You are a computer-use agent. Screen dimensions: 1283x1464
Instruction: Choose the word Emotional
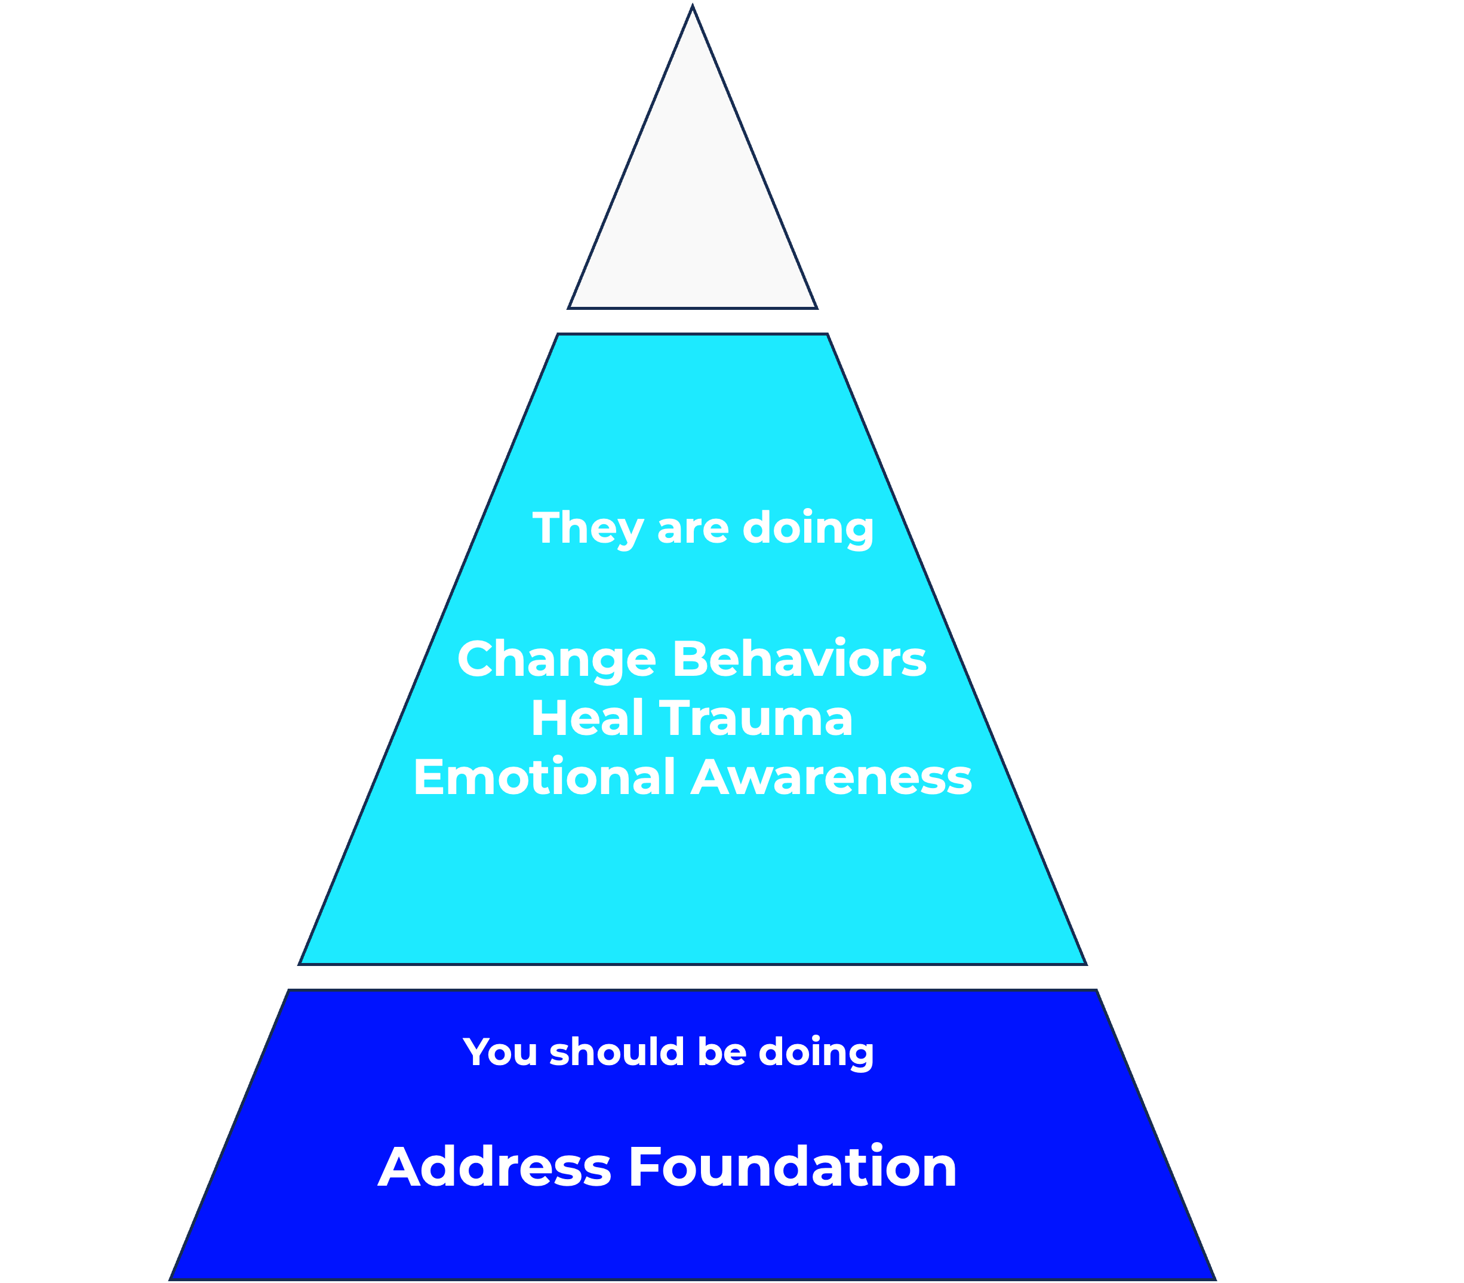545,777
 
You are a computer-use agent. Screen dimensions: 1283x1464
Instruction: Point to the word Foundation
792,1167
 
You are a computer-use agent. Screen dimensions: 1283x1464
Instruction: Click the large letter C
118,490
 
